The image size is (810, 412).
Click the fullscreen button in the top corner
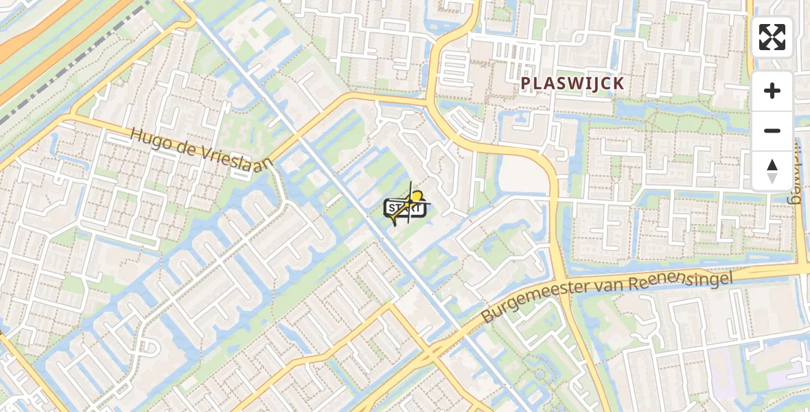(x=772, y=37)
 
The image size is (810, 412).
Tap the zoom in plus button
(x=772, y=91)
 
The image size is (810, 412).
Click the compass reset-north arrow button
(x=772, y=170)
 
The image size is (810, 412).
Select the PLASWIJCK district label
(x=572, y=84)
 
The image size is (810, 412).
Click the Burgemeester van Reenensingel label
(x=607, y=295)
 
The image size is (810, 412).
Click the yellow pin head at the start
(x=415, y=196)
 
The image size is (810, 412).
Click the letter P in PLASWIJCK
(x=526, y=84)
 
